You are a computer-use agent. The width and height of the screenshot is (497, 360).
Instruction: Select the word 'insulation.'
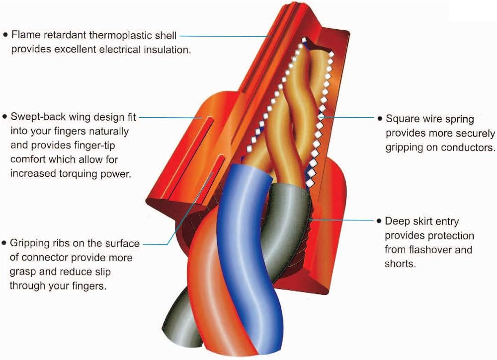coord(167,50)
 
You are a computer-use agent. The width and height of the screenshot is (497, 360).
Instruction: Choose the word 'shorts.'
coord(400,264)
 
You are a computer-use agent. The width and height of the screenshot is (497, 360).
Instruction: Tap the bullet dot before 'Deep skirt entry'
coord(379,221)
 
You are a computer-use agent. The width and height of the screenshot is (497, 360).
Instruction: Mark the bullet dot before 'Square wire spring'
coord(380,119)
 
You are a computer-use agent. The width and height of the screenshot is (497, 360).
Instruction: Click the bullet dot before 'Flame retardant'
coord(5,35)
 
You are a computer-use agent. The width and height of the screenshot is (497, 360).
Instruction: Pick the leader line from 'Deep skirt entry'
coord(342,220)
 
